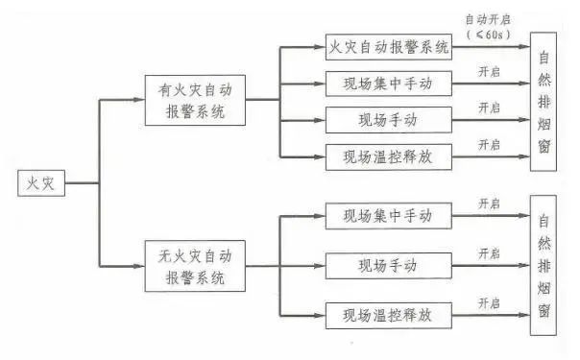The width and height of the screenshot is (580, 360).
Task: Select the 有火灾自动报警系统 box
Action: pyautogui.click(x=194, y=101)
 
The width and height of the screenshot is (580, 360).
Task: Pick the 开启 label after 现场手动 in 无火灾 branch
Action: pyautogui.click(x=489, y=253)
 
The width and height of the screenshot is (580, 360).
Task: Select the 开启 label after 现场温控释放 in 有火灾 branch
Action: pyautogui.click(x=489, y=144)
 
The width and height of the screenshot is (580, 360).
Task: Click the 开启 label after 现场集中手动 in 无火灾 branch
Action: pyautogui.click(x=489, y=204)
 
